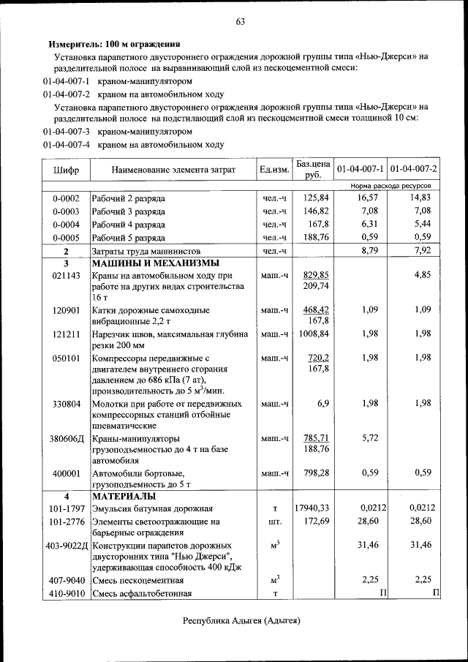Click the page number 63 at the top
[x=240, y=21]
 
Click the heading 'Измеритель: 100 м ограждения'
[x=114, y=44]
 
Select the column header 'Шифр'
[x=67, y=170]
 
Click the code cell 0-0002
[x=66, y=198]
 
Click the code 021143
[x=66, y=275]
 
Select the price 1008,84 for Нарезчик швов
[x=314, y=334]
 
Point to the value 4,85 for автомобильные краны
[x=423, y=275]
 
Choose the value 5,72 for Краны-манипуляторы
[x=369, y=438]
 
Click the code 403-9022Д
[x=66, y=546]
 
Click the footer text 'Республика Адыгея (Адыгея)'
[x=241, y=620]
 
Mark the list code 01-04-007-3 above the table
[x=66, y=132]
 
